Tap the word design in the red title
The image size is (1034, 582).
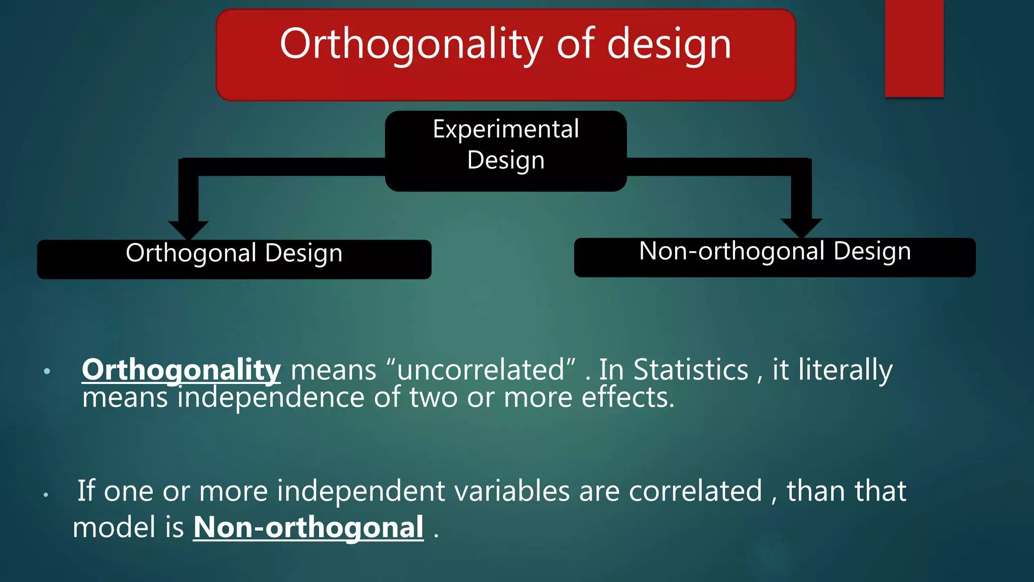point(669,44)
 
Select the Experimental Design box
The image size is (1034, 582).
point(506,151)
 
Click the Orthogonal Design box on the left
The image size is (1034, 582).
point(234,259)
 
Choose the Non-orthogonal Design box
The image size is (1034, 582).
point(775,257)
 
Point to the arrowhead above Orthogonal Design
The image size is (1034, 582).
point(188,230)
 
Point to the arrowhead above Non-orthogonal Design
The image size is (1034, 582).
point(801,228)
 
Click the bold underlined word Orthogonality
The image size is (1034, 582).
point(181,370)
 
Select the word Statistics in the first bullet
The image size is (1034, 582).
point(691,369)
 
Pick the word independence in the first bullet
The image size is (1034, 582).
point(271,398)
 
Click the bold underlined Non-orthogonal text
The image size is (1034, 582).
point(308,528)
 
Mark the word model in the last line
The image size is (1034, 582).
point(115,527)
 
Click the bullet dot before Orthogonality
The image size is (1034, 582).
point(47,371)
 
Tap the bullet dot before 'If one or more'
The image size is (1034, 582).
point(45,495)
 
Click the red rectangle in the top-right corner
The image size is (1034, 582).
point(914,48)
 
